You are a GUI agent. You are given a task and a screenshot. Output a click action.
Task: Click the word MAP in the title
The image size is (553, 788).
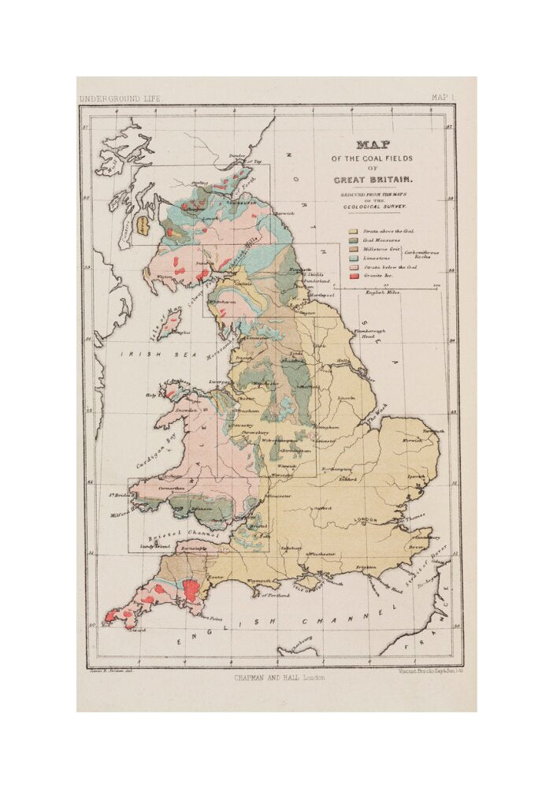[373, 145]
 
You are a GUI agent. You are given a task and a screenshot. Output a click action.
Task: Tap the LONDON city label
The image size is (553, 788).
[367, 520]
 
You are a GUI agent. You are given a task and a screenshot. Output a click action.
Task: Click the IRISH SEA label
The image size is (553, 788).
[139, 355]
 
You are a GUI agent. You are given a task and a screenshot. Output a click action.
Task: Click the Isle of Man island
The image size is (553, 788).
[169, 324]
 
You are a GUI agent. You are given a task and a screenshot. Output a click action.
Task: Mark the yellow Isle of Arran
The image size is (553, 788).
[144, 227]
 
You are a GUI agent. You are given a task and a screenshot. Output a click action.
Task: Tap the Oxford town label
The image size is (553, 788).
[323, 508]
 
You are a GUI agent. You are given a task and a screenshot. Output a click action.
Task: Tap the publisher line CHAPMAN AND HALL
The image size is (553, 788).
[278, 677]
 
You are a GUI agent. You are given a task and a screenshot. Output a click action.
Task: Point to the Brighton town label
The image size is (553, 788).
[366, 567]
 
